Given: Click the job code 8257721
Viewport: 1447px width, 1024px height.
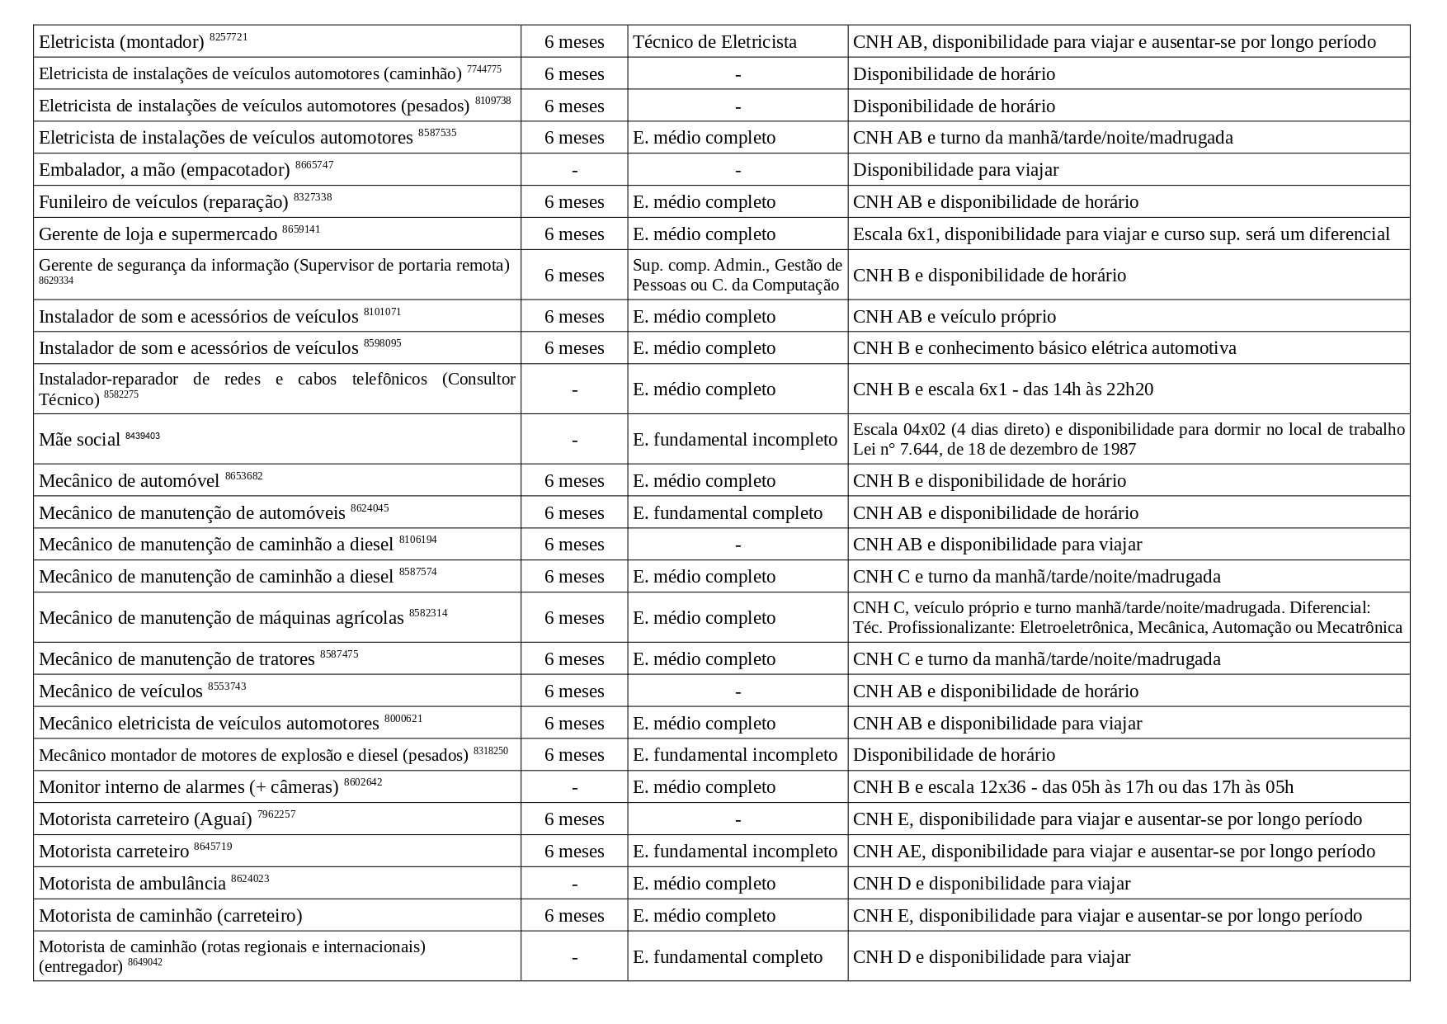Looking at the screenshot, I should [229, 37].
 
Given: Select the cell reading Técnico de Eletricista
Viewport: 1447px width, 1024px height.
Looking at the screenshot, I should [714, 42].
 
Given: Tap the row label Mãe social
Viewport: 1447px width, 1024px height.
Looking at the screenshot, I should [80, 440].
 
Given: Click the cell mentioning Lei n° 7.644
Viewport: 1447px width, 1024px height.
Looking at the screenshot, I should [1128, 439].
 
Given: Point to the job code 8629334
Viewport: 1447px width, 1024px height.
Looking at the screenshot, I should [56, 281].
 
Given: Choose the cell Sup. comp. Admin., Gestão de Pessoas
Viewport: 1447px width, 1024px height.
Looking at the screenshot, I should [737, 275].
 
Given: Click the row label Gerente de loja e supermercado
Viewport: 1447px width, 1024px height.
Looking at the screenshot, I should [158, 234].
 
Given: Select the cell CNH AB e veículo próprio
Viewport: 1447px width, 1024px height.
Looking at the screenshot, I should [954, 317].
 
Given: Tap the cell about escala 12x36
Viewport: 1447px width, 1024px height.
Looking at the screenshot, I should [1072, 787].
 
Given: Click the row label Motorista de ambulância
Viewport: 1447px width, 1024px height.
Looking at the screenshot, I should [132, 884].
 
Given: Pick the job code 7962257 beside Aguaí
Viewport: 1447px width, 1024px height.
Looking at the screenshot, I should [276, 814].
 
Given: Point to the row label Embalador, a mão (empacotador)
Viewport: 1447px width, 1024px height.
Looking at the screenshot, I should [164, 170].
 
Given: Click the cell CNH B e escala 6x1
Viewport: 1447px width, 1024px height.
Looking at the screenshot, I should [1002, 389].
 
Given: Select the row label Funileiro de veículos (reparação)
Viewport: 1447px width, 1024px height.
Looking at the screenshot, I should [163, 202].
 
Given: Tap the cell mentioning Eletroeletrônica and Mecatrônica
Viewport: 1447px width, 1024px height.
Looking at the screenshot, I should [1127, 618].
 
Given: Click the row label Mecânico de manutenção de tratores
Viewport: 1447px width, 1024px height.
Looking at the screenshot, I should [177, 659].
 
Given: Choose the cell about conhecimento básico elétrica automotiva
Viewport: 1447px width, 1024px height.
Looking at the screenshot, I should [1044, 348].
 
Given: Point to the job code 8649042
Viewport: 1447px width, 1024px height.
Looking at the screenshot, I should [145, 962].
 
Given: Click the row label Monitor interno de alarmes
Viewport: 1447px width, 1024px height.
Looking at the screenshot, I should [188, 787].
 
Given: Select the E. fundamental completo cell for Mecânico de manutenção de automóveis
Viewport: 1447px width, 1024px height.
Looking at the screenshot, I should [728, 513].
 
